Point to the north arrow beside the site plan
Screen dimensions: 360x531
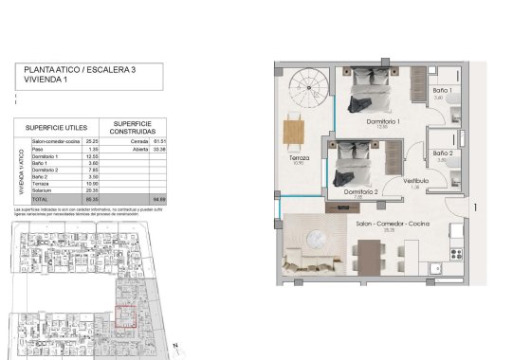[x=176, y=346]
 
